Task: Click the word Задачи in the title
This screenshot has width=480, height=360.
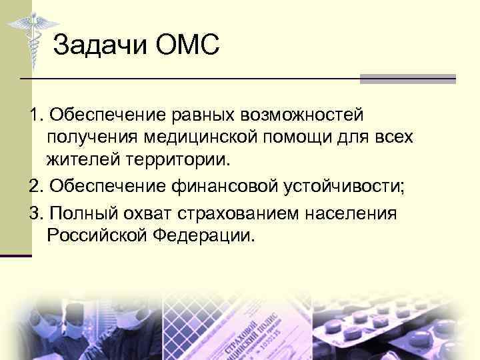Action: (100, 46)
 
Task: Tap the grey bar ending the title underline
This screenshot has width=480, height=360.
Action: (407, 79)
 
